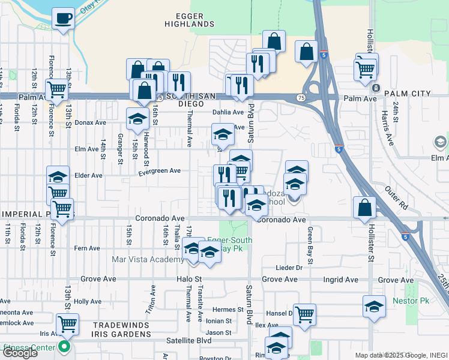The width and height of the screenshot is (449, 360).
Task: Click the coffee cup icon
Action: pos(62,19)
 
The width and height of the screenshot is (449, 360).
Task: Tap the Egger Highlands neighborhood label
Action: pos(190,20)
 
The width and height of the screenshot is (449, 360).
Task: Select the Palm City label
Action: pos(408,94)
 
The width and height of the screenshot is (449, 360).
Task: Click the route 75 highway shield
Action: pos(301,98)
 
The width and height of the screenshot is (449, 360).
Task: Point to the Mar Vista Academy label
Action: pos(148,259)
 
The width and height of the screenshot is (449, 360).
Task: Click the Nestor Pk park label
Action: pos(411,299)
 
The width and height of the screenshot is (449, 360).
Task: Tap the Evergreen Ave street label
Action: pos(159,171)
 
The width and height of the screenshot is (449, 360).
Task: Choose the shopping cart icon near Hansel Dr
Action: pos(305,314)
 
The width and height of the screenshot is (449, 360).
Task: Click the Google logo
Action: pos(20,353)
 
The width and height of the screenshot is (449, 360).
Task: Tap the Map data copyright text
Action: pos(401,355)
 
